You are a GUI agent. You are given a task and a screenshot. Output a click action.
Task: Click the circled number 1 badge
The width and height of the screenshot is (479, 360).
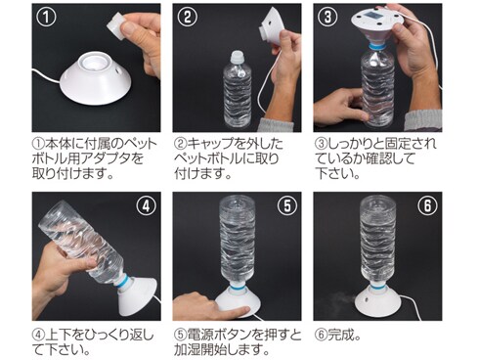tap(46, 18)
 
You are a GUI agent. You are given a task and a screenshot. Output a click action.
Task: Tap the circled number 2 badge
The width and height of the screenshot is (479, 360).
tap(188, 18)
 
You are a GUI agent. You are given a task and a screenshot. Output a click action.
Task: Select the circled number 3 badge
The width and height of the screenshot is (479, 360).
tap(327, 18)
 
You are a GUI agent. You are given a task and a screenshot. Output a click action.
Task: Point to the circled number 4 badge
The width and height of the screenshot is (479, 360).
tap(147, 206)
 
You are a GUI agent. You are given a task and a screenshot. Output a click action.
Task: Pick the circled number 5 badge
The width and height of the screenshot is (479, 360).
tap(287, 206)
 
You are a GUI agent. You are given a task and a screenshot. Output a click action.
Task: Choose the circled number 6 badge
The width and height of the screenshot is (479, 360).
tap(427, 206)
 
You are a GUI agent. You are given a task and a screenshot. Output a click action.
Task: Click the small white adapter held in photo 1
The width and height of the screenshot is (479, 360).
tap(115, 24)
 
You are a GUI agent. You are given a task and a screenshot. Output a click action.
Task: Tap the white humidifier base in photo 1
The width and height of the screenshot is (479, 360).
tap(96, 80)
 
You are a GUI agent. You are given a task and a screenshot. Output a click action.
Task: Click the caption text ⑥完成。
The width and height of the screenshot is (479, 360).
tap(338, 335)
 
